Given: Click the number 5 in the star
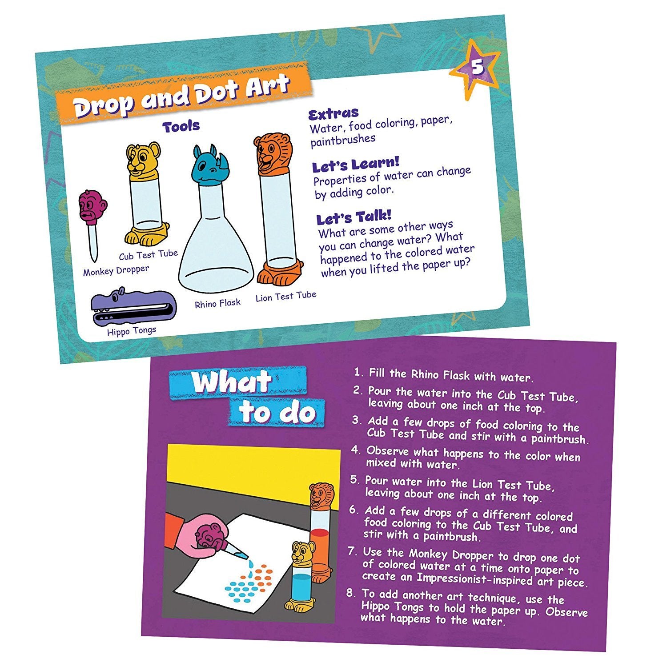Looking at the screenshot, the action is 477,68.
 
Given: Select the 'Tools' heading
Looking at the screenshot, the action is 181,127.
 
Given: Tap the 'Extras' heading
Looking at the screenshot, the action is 333,114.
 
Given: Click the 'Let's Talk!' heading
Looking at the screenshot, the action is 354,218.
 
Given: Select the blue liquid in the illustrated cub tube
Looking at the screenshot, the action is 301,587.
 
